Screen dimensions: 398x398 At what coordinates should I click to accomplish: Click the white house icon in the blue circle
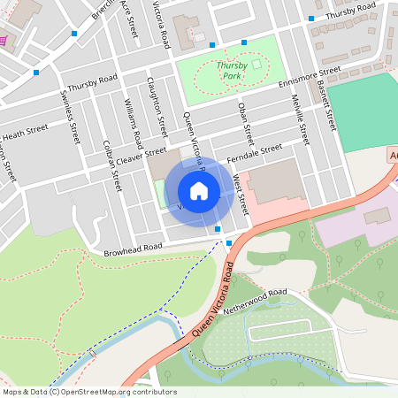coord(199,190)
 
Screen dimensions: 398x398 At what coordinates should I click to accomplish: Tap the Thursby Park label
coord(231,71)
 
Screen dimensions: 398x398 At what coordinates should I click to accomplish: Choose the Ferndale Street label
coord(254,153)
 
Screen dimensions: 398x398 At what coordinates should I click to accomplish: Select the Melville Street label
coord(300,122)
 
